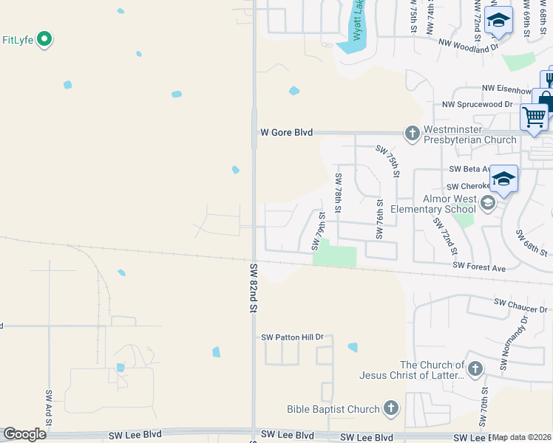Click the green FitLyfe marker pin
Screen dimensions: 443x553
pyautogui.click(x=44, y=38)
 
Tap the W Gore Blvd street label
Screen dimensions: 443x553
pyautogui.click(x=286, y=133)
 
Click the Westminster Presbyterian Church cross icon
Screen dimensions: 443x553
pyautogui.click(x=412, y=133)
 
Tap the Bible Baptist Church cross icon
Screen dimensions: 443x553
pyautogui.click(x=391, y=408)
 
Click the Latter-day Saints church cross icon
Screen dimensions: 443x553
pyautogui.click(x=475, y=368)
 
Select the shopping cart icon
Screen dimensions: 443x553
pyautogui.click(x=534, y=117)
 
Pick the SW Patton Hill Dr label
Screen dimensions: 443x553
pyautogui.click(x=293, y=337)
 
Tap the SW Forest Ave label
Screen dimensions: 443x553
pyautogui.click(x=479, y=267)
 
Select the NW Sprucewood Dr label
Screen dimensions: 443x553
pyautogui.click(x=477, y=105)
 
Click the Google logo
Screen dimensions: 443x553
pyautogui.click(x=24, y=433)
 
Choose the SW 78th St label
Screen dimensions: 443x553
pyautogui.click(x=338, y=192)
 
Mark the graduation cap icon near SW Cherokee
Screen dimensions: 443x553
pyautogui.click(x=503, y=179)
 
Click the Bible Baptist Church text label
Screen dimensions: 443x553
pyautogui.click(x=333, y=409)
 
